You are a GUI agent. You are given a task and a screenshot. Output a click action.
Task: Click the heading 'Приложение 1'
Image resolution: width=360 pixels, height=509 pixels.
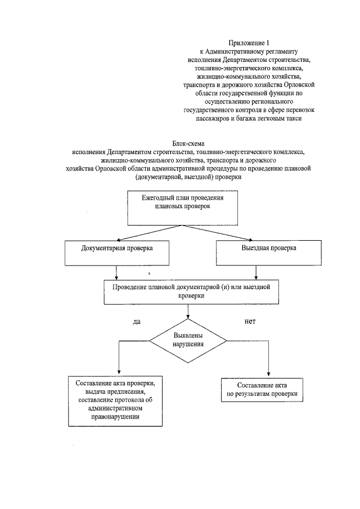[x=245, y=43]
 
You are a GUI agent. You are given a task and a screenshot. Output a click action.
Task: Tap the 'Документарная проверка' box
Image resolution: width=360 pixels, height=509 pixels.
[x=116, y=249]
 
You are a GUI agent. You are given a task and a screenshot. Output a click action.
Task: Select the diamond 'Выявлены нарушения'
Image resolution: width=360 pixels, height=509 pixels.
[x=188, y=340]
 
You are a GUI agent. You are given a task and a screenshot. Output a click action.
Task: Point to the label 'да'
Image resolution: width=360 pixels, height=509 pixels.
[x=136, y=322]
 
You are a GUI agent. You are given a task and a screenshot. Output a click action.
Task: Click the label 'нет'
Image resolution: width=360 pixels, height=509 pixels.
[x=250, y=322]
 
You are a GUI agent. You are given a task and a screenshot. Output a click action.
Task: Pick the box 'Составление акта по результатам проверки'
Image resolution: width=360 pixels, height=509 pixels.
[x=263, y=390]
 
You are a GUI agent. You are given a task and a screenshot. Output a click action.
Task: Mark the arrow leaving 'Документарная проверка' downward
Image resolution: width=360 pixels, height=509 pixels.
[x=116, y=272]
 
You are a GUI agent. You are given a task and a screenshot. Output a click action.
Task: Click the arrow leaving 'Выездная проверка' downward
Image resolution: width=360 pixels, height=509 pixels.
[x=256, y=272]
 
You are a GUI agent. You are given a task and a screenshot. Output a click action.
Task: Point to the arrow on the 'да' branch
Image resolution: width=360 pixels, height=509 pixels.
[x=119, y=360]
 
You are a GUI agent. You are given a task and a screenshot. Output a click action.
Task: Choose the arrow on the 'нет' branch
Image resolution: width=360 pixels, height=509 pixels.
[x=269, y=360]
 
